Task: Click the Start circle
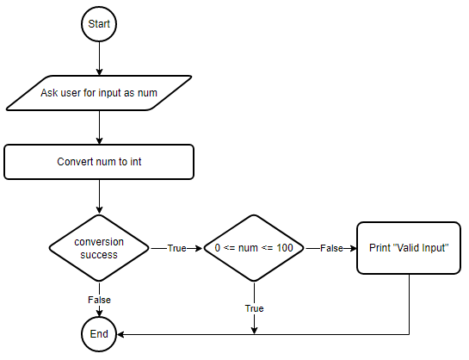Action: point(99,24)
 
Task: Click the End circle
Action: point(99,334)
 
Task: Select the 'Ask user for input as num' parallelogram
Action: point(99,93)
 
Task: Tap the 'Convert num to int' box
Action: point(99,162)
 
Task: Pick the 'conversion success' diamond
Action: point(99,248)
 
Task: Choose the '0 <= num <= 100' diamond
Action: point(254,248)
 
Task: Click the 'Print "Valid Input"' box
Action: point(409,248)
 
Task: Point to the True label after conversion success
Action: point(176,248)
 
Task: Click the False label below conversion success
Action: point(99,300)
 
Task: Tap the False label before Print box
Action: point(331,248)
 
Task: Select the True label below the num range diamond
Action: point(254,308)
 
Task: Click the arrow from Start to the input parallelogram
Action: point(99,59)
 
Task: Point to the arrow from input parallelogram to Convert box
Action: point(99,127)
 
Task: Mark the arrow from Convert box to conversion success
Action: point(99,196)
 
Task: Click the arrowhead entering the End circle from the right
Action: point(120,334)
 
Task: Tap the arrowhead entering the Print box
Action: point(354,248)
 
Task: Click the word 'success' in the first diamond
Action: point(99,255)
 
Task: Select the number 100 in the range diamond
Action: point(285,248)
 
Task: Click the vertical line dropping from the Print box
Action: point(409,304)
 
